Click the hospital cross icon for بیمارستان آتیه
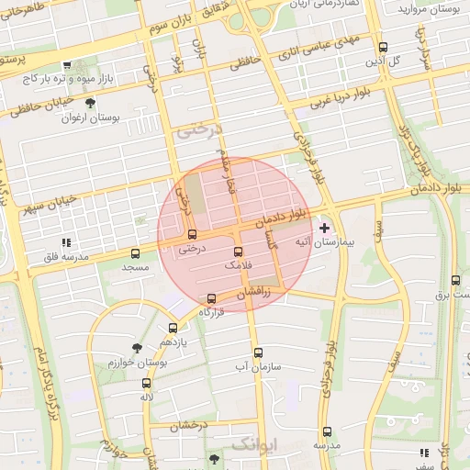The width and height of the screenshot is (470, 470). point(324,227)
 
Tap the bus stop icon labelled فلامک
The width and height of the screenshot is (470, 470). point(239,252)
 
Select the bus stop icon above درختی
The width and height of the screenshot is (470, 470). point(192,233)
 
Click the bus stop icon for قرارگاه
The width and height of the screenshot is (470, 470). point(213,298)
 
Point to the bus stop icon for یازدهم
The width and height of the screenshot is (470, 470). point(173,328)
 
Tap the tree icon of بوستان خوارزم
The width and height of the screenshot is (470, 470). point(137,348)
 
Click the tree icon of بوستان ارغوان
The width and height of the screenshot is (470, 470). point(89,104)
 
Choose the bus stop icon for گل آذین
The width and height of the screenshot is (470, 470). point(383,48)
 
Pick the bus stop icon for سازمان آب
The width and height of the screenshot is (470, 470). point(257,352)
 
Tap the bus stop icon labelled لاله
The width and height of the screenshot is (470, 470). point(146,383)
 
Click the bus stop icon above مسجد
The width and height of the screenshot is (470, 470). point(136,252)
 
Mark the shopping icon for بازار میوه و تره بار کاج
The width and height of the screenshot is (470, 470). point(67,65)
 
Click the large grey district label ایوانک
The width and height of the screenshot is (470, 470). point(253,444)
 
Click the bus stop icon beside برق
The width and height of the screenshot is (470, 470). point(456,280)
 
